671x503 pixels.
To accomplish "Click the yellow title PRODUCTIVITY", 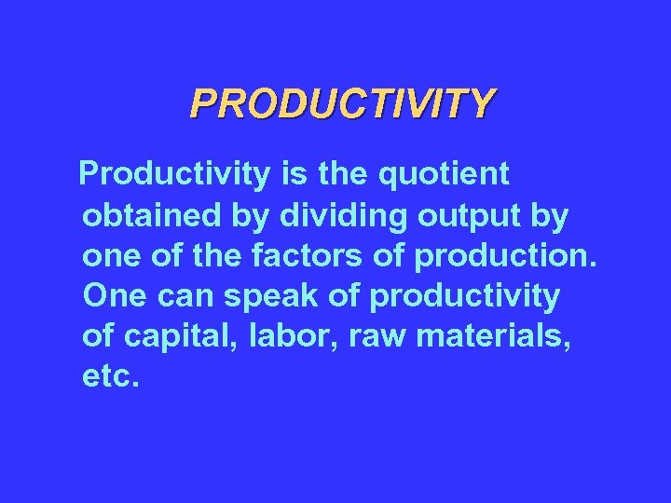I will click(342, 104).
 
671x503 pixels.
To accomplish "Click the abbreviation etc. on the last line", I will click(111, 378).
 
